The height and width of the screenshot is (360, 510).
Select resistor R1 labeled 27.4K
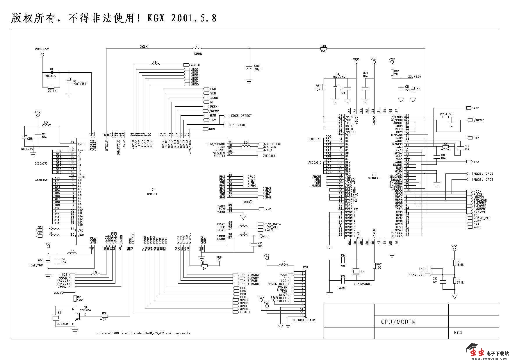pos(51,87)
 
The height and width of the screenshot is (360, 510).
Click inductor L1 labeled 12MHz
pos(197,48)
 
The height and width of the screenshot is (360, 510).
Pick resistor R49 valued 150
pos(323,49)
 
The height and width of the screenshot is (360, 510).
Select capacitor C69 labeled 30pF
pos(249,67)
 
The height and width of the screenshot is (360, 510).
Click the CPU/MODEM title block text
pos(398,322)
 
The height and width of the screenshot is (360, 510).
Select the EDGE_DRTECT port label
pos(241,116)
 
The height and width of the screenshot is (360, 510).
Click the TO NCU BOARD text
pos(304,320)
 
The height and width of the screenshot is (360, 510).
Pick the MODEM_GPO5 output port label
pos(483,174)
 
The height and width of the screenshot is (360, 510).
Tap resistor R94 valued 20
pos(392,72)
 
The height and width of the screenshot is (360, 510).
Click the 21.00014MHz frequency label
pos(362,284)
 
